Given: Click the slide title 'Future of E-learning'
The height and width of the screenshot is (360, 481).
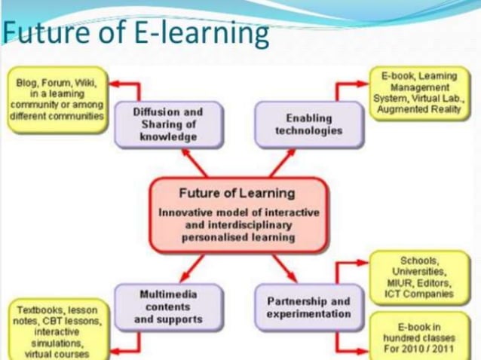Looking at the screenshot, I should click(136, 34).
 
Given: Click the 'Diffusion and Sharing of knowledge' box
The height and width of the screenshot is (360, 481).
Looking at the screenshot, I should click(168, 124).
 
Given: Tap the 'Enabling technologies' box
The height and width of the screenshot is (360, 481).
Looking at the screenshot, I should click(308, 124).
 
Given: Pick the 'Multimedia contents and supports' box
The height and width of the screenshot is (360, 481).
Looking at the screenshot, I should click(168, 307).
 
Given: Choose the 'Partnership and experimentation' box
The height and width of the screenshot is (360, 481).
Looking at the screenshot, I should click(308, 307).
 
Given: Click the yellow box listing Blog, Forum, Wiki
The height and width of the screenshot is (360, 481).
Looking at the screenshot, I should click(57, 100).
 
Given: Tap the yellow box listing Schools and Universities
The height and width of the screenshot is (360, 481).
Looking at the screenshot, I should click(422, 277).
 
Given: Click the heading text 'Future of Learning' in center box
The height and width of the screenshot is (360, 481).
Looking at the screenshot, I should click(237, 194).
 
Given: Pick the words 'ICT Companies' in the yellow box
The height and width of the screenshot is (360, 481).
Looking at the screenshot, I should click(422, 294).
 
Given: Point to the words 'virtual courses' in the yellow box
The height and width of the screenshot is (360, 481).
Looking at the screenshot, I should click(57, 353).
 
